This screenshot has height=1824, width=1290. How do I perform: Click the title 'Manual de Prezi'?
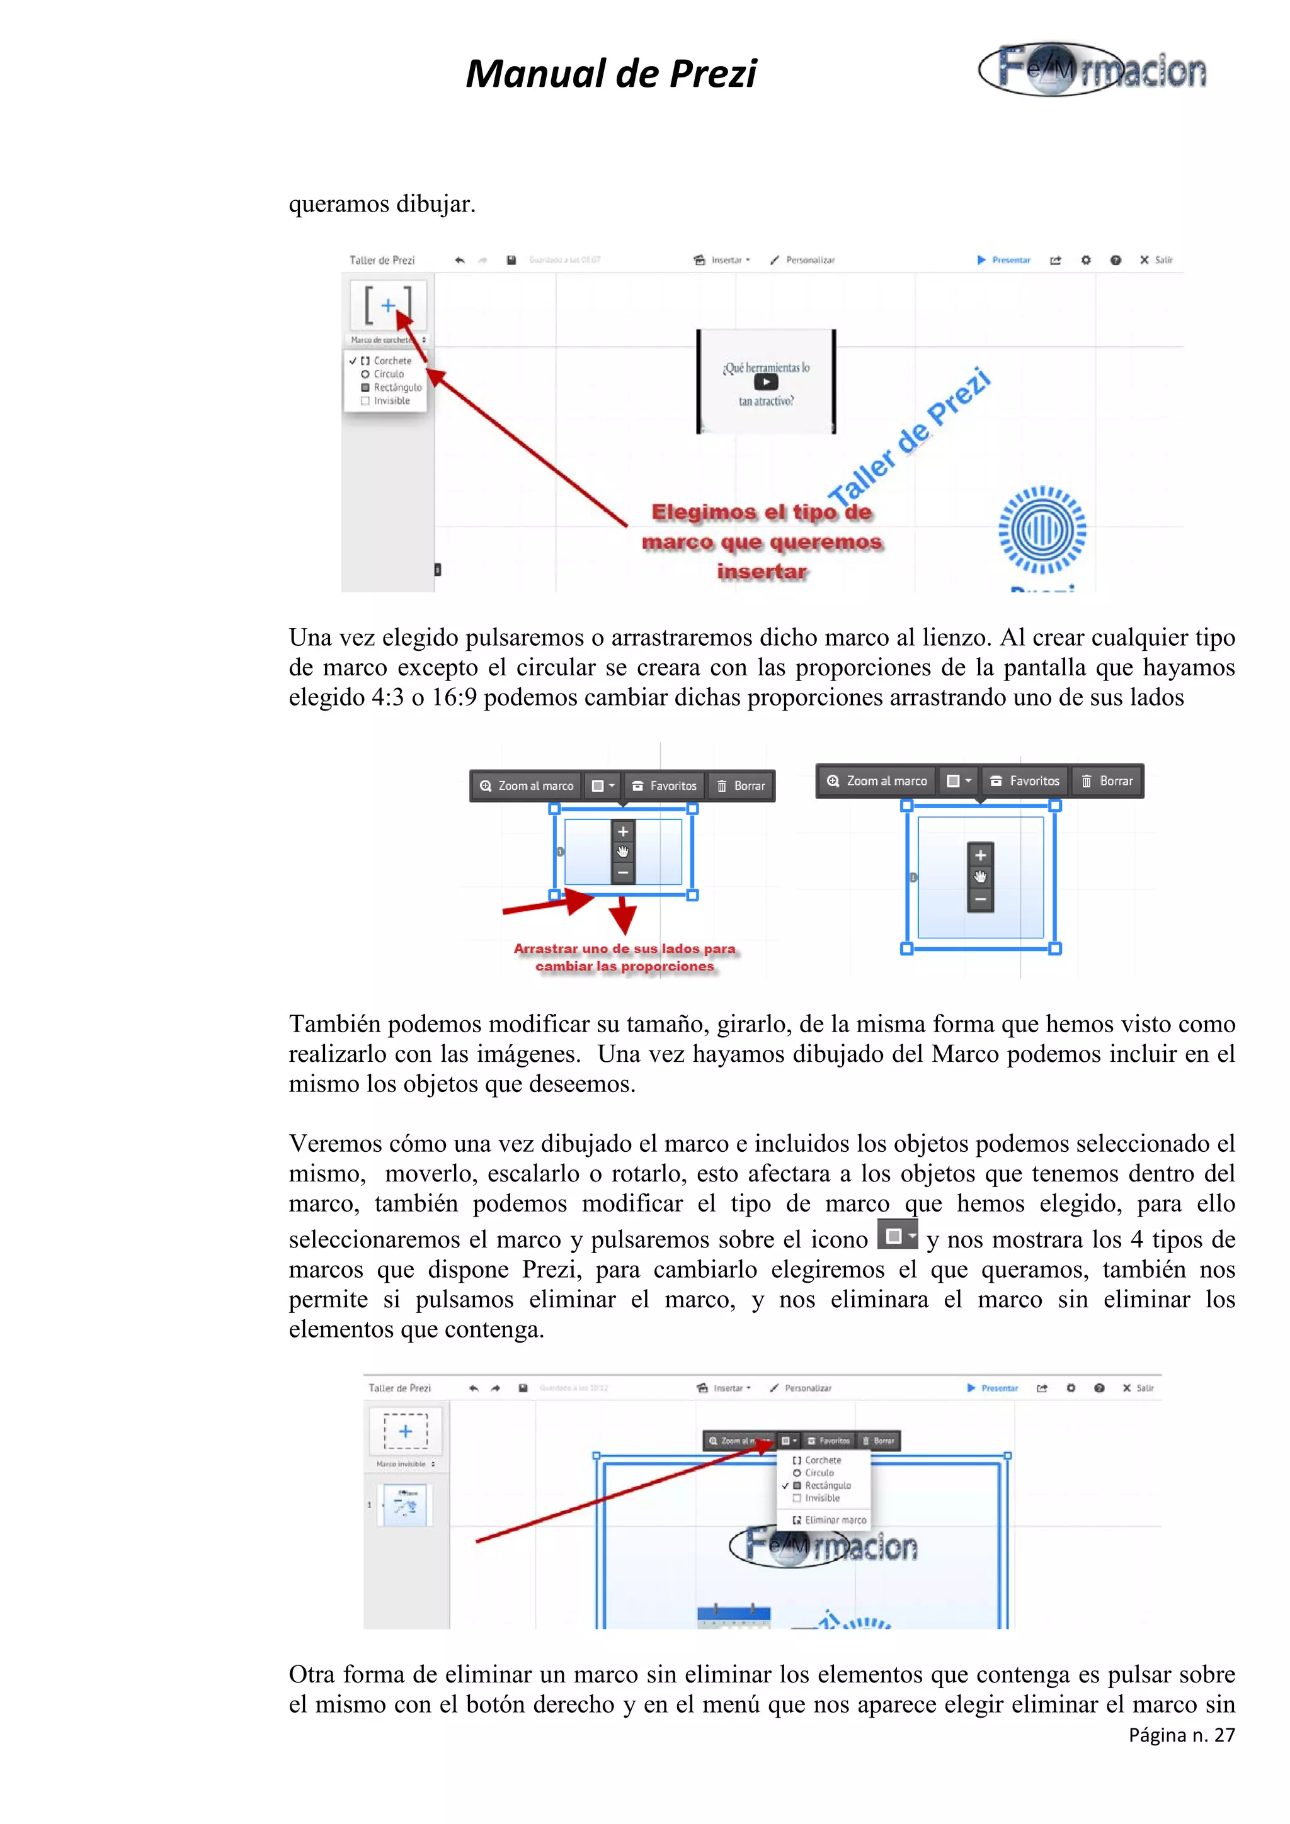610,74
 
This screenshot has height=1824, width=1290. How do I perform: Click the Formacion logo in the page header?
1092,70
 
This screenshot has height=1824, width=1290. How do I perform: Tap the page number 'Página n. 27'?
1181,1735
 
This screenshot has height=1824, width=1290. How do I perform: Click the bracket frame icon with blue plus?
388,305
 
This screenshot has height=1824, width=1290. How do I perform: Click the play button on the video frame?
765,382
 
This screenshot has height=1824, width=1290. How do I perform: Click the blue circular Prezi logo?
1041,529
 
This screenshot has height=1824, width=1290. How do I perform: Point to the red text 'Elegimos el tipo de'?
761,512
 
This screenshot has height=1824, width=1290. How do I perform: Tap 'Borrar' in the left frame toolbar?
741,785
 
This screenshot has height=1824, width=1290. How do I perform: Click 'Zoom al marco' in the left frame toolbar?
527,785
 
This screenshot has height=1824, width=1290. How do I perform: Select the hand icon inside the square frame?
980,877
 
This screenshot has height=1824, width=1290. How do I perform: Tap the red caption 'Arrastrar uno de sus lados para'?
624,949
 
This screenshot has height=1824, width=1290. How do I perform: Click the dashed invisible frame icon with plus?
406,1431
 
